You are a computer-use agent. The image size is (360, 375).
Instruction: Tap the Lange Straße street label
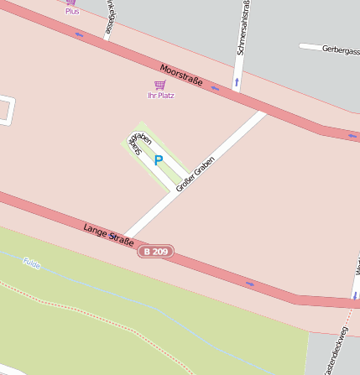[x=108, y=235]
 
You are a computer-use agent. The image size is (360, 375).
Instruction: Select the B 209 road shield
[x=155, y=251]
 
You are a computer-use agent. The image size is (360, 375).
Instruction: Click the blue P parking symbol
[x=158, y=160]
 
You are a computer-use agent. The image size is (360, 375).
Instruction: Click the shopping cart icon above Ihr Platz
[x=159, y=85]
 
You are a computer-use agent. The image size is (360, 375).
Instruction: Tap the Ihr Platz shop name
[x=160, y=96]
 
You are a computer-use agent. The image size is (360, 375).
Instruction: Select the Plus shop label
[x=71, y=11]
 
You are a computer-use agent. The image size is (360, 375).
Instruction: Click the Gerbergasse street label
[x=340, y=49]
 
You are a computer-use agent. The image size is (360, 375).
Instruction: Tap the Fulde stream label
[x=32, y=263]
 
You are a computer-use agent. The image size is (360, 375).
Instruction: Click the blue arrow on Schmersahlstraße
[x=237, y=82]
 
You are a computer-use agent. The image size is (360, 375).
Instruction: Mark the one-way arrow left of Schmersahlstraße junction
[x=215, y=87]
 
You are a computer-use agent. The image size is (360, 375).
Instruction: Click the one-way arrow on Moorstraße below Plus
[x=79, y=34]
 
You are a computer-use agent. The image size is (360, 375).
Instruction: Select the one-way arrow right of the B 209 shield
[x=249, y=284]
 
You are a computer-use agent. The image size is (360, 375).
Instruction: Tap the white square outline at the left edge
[x=5, y=111]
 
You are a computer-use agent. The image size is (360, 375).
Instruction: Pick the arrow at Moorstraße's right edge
[x=352, y=136]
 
